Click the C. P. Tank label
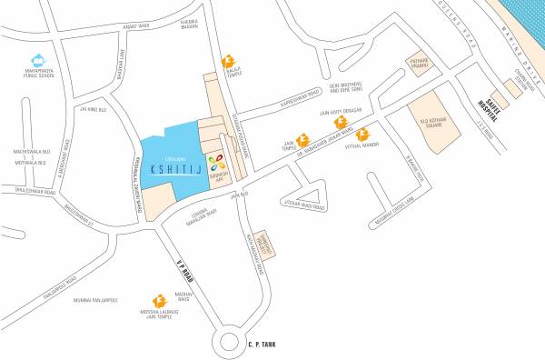[x=261, y=344]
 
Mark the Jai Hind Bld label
[x=95, y=110]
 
